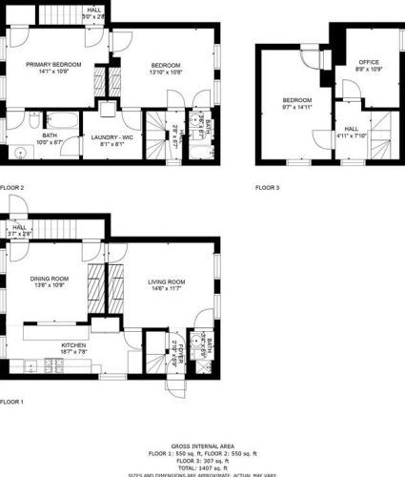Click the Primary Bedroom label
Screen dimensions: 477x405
pyautogui.click(x=53, y=64)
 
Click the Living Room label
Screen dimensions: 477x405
pyautogui.click(x=167, y=281)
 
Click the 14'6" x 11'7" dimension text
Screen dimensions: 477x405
pyautogui.click(x=167, y=288)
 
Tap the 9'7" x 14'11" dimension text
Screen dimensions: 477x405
pyautogui.click(x=296, y=108)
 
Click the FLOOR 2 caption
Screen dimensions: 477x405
pyautogui.click(x=12, y=188)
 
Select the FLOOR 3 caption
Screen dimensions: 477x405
pyautogui.click(x=268, y=188)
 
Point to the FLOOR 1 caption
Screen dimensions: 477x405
pyautogui.click(x=11, y=402)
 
